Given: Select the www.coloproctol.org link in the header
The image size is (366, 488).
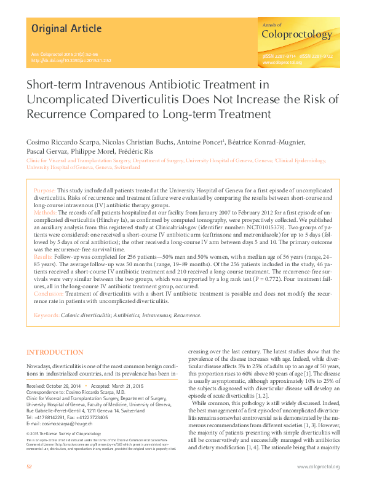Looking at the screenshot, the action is click(x=280, y=62).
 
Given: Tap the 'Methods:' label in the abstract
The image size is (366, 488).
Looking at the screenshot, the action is click(x=46, y=211).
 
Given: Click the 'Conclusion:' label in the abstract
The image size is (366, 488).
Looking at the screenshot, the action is click(x=49, y=294).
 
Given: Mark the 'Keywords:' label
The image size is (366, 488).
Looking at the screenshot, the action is click(x=47, y=315).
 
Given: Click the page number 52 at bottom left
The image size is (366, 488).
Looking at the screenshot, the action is click(x=29, y=467).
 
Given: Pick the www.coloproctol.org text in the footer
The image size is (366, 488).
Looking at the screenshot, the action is click(x=318, y=467).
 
